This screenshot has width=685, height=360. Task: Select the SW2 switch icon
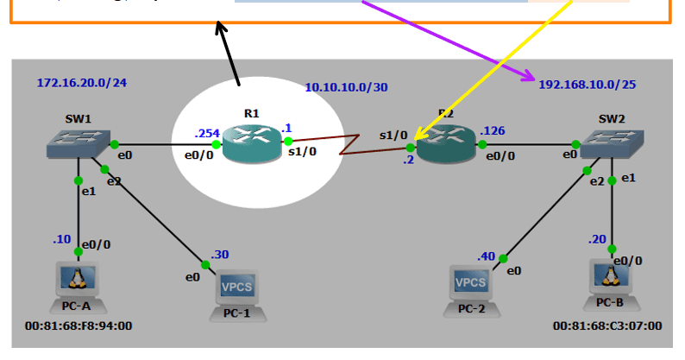click(x=613, y=143)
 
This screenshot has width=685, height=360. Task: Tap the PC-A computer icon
click(x=77, y=281)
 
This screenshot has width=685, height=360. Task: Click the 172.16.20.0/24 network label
click(x=82, y=84)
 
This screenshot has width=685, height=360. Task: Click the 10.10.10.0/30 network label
click(x=346, y=87)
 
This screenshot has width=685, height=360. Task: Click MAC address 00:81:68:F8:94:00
click(x=78, y=325)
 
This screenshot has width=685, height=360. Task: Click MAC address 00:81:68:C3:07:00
click(x=607, y=325)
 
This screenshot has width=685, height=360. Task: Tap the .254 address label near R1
click(x=207, y=133)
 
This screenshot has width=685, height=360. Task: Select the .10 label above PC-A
click(x=61, y=239)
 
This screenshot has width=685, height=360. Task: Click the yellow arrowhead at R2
click(x=416, y=138)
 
